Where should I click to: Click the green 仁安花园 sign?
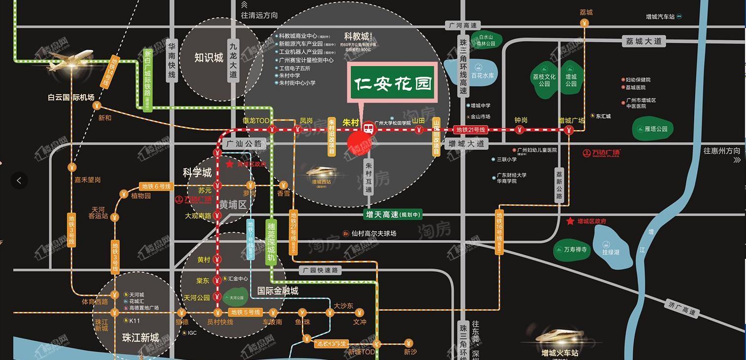pyautogui.click(x=393, y=83)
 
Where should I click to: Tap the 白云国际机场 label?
pyautogui.click(x=71, y=97)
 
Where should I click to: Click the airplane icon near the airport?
pyautogui.click(x=67, y=59)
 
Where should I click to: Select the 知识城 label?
pyautogui.click(x=209, y=58)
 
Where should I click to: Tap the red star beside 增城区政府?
pyautogui.click(x=570, y=221)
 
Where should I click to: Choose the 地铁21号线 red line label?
pyautogui.click(x=471, y=130)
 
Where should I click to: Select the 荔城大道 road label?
pyautogui.click(x=644, y=41)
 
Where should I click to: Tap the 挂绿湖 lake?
pyautogui.click(x=610, y=249)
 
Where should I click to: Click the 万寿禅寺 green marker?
pyautogui.click(x=572, y=250)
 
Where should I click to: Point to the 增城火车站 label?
pyautogui.click(x=559, y=353)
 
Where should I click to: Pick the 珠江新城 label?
pyautogui.click(x=140, y=338)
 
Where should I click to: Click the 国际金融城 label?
pyautogui.click(x=278, y=291)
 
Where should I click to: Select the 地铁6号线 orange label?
pyautogui.click(x=156, y=186)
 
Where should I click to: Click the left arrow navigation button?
pyautogui.click(x=19, y=180)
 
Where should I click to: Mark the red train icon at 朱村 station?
pyautogui.click(x=368, y=129)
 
